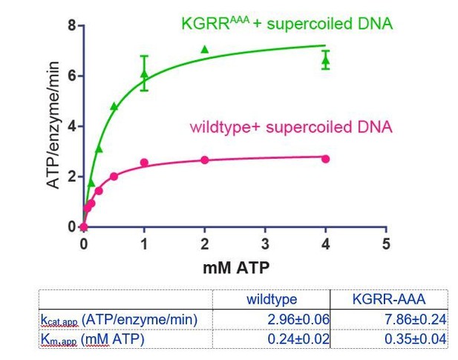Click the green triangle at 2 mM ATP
point(205,49)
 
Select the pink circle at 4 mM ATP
point(326,159)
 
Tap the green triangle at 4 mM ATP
point(326,61)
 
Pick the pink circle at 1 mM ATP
point(144,163)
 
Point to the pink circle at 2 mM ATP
point(205,160)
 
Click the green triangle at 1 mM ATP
point(144,73)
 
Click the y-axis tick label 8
point(72,26)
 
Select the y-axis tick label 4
point(72,126)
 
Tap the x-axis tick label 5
point(386,243)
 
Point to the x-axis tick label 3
point(265,243)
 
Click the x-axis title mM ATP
point(236,267)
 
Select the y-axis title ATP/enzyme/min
point(53,125)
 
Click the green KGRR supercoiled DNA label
point(287,23)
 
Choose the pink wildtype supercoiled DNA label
point(291,127)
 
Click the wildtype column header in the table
point(272,299)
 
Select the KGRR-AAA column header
point(389,299)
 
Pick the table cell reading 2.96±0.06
point(298,319)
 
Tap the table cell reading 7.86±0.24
point(416,319)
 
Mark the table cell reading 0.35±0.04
point(416,339)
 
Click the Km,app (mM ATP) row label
point(93,339)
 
